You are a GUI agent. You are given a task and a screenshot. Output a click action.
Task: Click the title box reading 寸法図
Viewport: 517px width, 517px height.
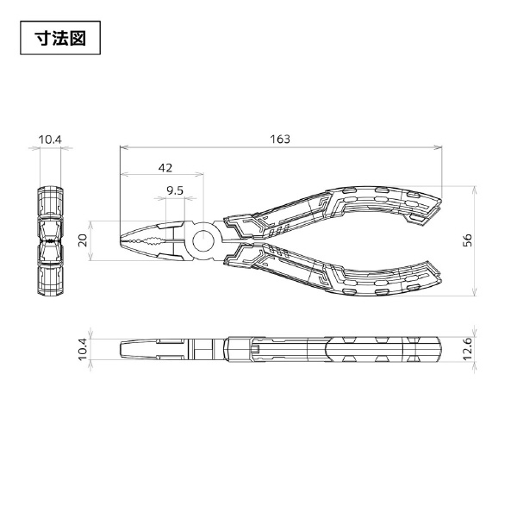pyautogui.click(x=60, y=38)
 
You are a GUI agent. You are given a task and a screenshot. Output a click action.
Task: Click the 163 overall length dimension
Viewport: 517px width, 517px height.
pyautogui.click(x=280, y=139)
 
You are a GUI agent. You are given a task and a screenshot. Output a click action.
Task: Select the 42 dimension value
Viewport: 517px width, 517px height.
pyautogui.click(x=165, y=168)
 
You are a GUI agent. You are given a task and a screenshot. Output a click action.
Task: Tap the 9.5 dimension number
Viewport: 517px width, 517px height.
pyautogui.click(x=175, y=190)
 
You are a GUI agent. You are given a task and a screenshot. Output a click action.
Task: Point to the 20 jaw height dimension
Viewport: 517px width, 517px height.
pyautogui.click(x=83, y=240)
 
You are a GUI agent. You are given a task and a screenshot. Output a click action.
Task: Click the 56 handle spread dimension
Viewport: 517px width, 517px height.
pyautogui.click(x=468, y=240)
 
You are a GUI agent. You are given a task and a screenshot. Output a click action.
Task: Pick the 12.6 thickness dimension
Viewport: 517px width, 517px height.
pyautogui.click(x=468, y=349)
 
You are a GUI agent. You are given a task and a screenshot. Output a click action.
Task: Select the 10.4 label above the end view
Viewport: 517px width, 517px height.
pyautogui.click(x=50, y=140)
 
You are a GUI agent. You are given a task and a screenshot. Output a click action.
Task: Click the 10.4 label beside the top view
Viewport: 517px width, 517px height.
pyautogui.click(x=83, y=349)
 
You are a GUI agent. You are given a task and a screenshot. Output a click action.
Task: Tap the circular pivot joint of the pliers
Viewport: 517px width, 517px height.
pyautogui.click(x=202, y=241)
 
